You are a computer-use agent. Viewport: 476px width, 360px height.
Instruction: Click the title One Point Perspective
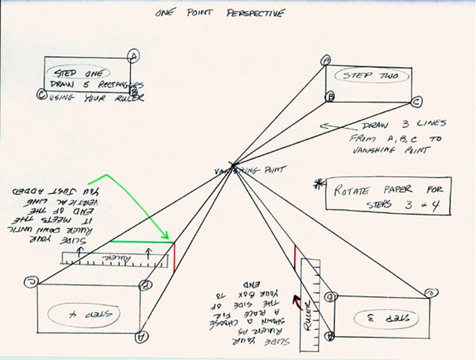(220, 13)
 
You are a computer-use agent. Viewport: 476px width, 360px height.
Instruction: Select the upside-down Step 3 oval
(387, 318)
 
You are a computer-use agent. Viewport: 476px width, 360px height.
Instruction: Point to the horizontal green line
(141, 241)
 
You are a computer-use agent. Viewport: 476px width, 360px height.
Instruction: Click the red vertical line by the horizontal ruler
(174, 257)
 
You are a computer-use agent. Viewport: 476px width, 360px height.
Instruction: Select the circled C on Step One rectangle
(41, 94)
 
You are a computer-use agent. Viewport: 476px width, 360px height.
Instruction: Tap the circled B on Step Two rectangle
(329, 97)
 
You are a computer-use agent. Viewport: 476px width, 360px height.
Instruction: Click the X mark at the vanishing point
(231, 165)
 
